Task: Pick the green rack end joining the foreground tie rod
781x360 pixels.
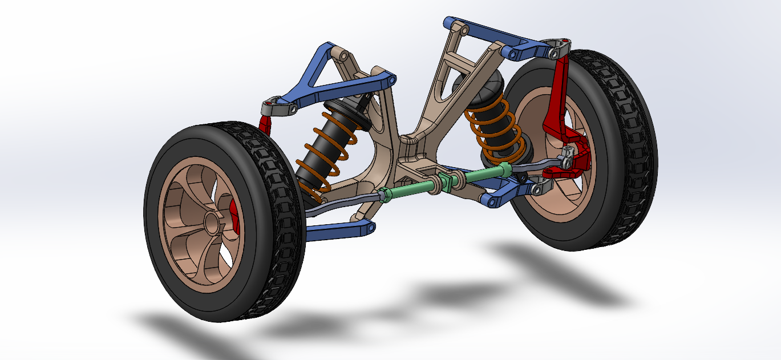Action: click(x=384, y=194)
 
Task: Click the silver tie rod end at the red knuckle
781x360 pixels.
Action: click(x=568, y=157)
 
